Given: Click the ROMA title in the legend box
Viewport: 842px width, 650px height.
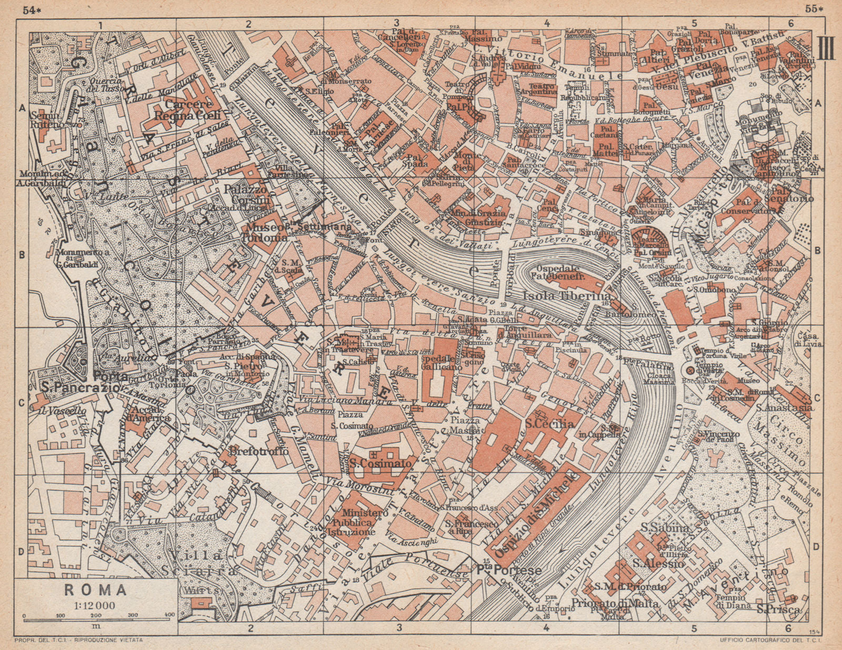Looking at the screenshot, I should (95, 590).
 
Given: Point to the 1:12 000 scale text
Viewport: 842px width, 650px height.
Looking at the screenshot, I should (95, 605).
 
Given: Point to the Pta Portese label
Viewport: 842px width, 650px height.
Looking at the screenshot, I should (508, 570).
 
